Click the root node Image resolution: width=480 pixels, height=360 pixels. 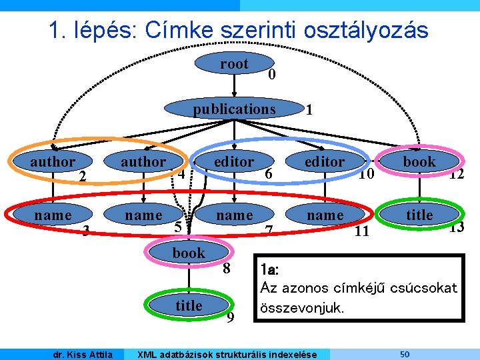234,65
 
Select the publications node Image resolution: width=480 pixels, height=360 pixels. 234,109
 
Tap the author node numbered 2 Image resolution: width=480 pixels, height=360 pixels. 53,162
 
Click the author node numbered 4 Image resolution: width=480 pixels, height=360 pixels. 143,162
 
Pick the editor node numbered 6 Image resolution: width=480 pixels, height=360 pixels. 234,162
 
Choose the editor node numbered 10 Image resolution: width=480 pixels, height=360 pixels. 325,162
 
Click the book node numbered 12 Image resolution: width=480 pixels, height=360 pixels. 419,161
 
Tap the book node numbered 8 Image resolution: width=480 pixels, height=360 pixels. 189,253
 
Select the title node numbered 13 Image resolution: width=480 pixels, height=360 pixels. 419,215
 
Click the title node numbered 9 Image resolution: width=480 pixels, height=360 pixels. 189,305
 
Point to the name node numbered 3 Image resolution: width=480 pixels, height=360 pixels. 53,215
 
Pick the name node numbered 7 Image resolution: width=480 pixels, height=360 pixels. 234,215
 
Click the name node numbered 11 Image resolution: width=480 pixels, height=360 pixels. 325,215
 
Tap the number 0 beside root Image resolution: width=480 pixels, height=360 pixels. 271,76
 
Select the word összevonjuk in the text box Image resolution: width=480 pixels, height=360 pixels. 302,309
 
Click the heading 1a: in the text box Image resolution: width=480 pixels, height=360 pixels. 270,270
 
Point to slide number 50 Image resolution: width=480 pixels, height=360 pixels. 404,353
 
